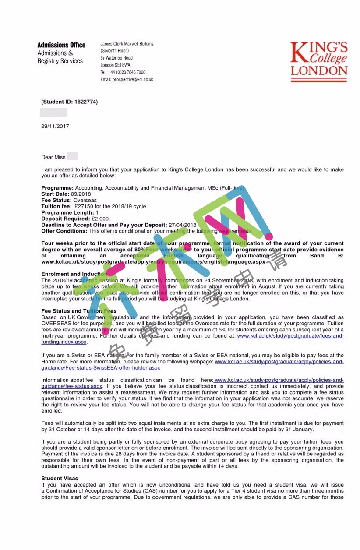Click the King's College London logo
pyautogui.click(x=318, y=61)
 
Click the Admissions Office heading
pyautogui.click(x=61, y=45)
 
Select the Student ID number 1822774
pyautogui.click(x=86, y=102)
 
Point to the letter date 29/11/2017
pyautogui.click(x=55, y=126)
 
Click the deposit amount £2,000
pyautogui.click(x=100, y=219)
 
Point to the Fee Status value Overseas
pyautogui.click(x=85, y=200)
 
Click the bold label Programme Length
pyautogui.click(x=67, y=212)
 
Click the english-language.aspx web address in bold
pyautogui.click(x=153, y=261)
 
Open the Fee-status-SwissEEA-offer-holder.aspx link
pyautogui.click(x=101, y=368)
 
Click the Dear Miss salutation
pyautogui.click(x=53, y=157)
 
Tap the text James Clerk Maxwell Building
pyautogui.click(x=127, y=44)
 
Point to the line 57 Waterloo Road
pyautogui.click(x=116, y=58)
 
